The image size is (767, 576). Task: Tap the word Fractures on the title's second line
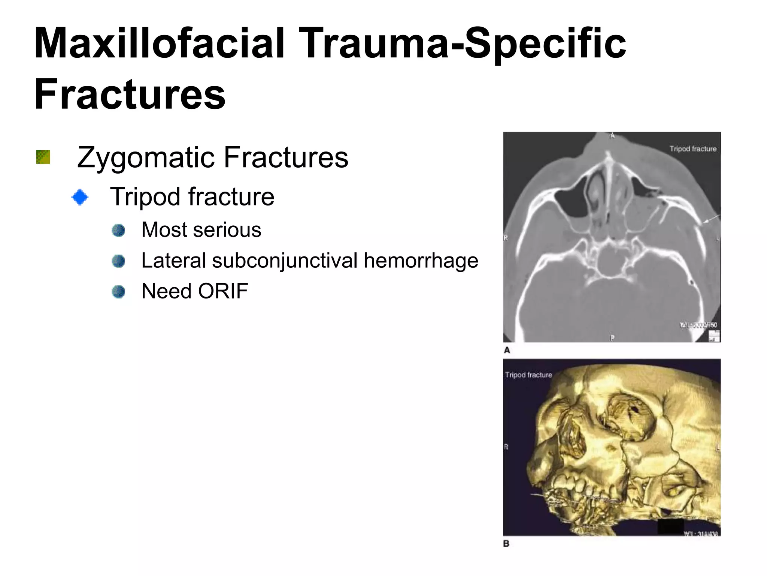[x=130, y=94]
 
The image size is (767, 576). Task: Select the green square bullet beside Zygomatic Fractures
[x=43, y=157]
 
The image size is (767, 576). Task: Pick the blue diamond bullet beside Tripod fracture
[x=80, y=197]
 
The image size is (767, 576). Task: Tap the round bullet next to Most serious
[x=118, y=230]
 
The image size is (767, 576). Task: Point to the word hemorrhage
[x=421, y=261]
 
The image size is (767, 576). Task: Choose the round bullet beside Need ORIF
[x=118, y=292]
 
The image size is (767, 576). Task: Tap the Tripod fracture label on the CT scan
[x=693, y=149]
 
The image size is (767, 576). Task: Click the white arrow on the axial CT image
[x=711, y=219]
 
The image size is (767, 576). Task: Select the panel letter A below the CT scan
[x=507, y=350]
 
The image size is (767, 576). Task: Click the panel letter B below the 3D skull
[x=506, y=543]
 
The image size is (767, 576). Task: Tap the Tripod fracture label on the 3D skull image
[x=528, y=375]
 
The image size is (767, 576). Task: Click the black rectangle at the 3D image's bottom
[x=670, y=526]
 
